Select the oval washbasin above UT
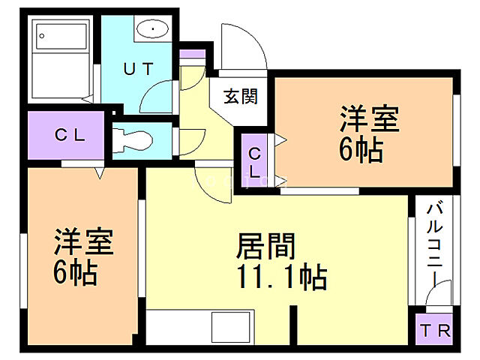pyautogui.click(x=154, y=29)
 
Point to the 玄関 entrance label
pyautogui.click(x=240, y=96)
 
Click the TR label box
pyautogui.click(x=434, y=330)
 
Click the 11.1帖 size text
pyautogui.click(x=281, y=278)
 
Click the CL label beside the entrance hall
pyautogui.click(x=255, y=162)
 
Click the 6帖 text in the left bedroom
pyautogui.click(x=74, y=273)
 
